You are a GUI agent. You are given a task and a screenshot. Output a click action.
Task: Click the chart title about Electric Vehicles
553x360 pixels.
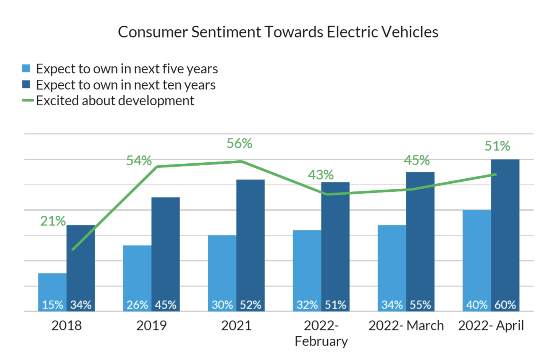point(278,32)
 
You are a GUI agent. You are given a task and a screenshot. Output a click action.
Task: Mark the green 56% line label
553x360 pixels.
point(239,144)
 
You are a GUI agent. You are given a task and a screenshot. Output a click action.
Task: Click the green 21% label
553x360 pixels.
point(53,221)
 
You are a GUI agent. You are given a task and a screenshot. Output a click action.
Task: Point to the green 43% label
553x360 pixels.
point(321,175)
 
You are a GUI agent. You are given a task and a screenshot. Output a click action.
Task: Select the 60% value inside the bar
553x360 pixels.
point(505,305)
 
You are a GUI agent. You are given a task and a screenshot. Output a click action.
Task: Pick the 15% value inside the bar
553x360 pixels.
point(52,305)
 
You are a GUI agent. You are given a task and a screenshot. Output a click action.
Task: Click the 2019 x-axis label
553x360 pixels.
point(151,326)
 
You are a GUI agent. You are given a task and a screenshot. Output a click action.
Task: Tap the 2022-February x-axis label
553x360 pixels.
point(321,333)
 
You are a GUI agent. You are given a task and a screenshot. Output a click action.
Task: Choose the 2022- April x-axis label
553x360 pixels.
point(491,326)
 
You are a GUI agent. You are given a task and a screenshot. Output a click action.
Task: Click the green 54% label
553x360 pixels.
point(139,161)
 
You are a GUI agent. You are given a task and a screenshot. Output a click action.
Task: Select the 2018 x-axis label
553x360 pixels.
point(67,326)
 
